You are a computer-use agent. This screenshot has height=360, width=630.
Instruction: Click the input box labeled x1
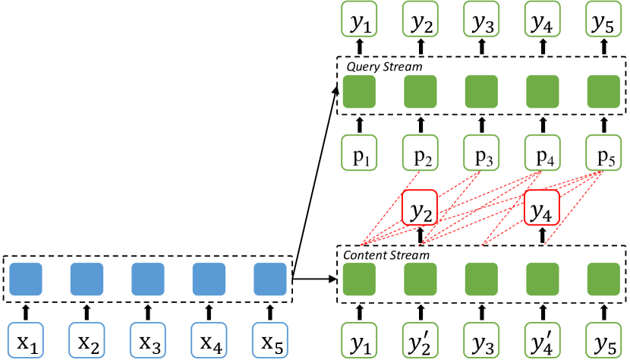pos(26,341)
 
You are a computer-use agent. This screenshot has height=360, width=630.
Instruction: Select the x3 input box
pos(147,341)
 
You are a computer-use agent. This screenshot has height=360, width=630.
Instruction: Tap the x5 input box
pos(269,341)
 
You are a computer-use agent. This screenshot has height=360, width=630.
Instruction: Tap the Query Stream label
pos(384,67)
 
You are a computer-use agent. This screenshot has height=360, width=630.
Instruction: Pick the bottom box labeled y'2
pos(421,341)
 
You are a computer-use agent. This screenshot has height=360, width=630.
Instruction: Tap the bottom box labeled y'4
pos(543,341)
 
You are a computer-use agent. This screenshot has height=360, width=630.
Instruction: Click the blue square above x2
pos(87,279)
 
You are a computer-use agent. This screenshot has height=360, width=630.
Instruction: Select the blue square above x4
pos(209,279)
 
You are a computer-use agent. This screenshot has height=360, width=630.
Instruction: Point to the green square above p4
pos(543,92)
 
